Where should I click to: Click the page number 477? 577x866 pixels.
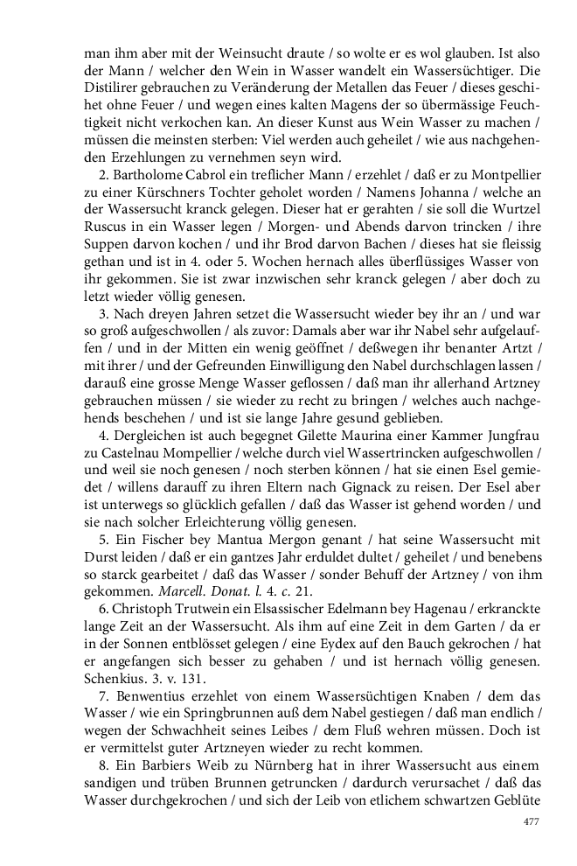coord(531,821)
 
